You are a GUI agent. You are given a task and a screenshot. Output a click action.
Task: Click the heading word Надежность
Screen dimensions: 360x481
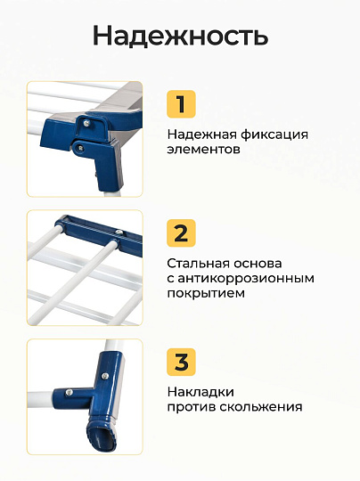pyautogui.click(x=181, y=37)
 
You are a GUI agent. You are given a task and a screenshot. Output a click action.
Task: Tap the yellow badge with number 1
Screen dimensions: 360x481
pyautogui.click(x=181, y=104)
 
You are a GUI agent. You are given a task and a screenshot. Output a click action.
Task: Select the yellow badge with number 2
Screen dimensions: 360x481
pyautogui.click(x=181, y=233)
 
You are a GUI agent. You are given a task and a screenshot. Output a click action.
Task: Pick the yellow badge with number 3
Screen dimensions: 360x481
pyautogui.click(x=181, y=362)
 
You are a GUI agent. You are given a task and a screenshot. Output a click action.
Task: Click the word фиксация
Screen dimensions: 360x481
pyautogui.click(x=274, y=135)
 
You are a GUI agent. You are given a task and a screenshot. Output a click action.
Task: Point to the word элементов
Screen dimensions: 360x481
pyautogui.click(x=203, y=150)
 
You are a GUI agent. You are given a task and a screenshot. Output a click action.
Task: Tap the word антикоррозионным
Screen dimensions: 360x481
pyautogui.click(x=246, y=279)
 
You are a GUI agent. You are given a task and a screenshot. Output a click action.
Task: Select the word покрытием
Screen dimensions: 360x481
pyautogui.click(x=206, y=294)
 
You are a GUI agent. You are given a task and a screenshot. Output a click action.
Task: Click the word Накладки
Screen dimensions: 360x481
pyautogui.click(x=200, y=392)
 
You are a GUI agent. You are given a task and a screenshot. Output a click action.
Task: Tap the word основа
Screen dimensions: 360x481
pyautogui.click(x=258, y=264)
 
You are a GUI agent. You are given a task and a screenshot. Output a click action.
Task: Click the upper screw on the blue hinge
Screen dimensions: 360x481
pyautogui.click(x=86, y=123)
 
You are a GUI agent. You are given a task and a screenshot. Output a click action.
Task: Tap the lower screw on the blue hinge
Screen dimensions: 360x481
pyautogui.click(x=80, y=149)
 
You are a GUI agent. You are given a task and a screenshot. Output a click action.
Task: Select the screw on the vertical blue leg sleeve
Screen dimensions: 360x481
pyautogui.click(x=105, y=375)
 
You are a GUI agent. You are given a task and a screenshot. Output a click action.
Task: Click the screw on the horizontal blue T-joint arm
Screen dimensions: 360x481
pyautogui.click(x=70, y=392)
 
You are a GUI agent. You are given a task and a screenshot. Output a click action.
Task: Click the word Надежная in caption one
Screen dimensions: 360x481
pyautogui.click(x=201, y=135)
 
